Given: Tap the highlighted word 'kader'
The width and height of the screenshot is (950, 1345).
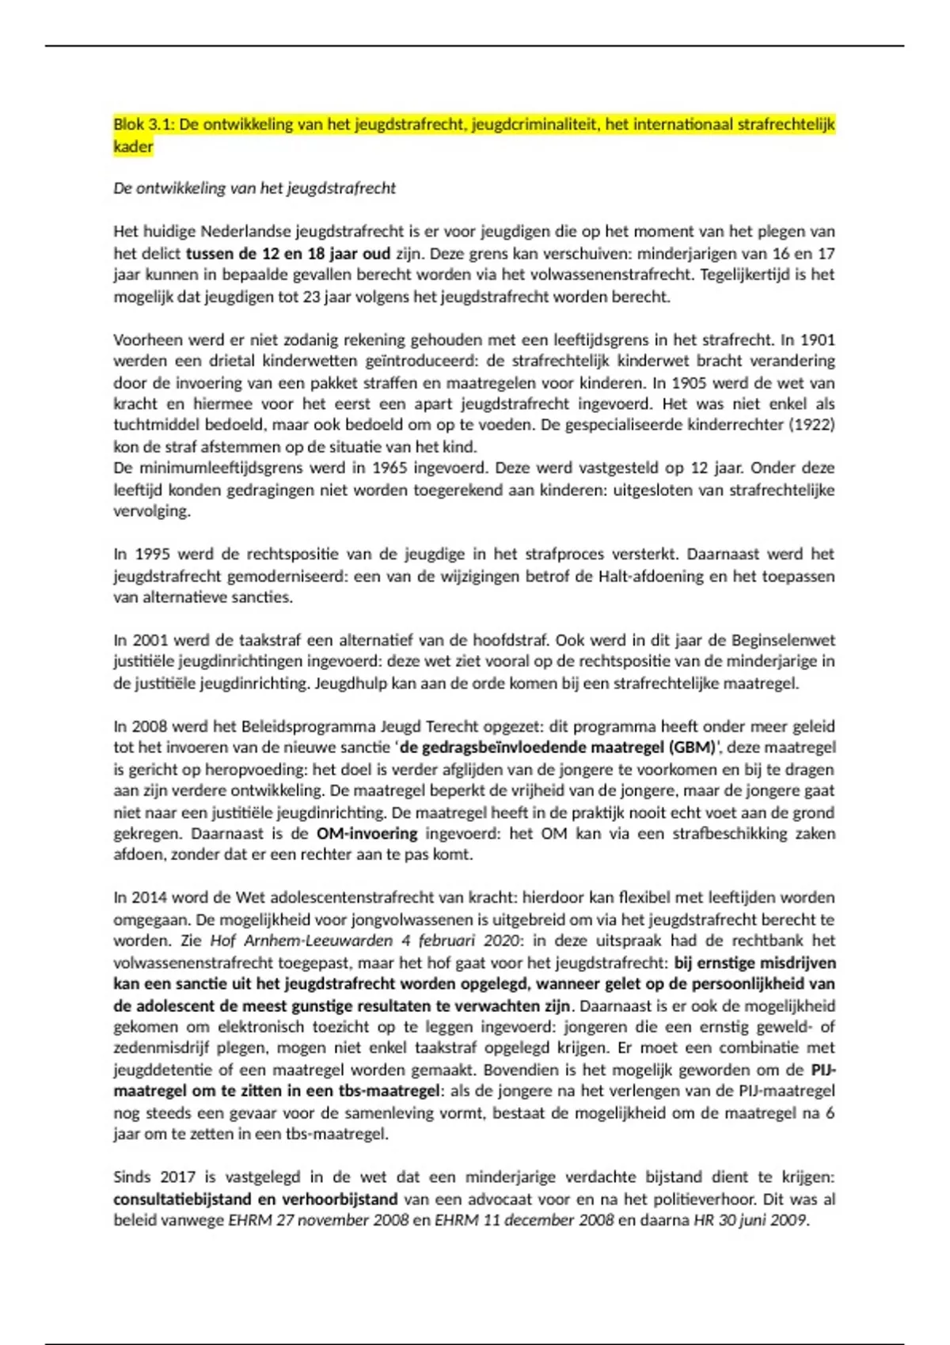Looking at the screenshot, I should pyautogui.click(x=133, y=146).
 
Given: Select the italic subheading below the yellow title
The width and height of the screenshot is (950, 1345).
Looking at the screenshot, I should pyautogui.click(x=254, y=188).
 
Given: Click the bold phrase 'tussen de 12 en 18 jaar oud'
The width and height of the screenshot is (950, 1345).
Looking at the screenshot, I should pyautogui.click(x=288, y=254).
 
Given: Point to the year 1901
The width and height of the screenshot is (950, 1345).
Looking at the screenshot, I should pyautogui.click(x=818, y=340).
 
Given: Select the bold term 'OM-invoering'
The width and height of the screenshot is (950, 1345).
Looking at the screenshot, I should pyautogui.click(x=367, y=834).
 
